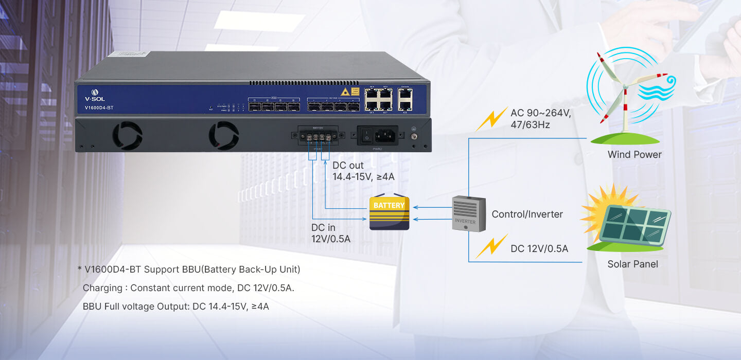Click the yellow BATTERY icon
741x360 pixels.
pyautogui.click(x=390, y=212)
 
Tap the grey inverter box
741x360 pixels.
pyautogui.click(x=468, y=213)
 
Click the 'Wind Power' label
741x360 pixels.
pyautogui.click(x=634, y=154)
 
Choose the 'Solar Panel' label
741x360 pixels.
pyautogui.click(x=632, y=264)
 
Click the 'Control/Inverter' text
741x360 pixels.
pyautogui.click(x=527, y=214)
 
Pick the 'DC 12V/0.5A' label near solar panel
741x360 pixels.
pyautogui.click(x=539, y=249)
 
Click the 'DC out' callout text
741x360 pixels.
pyautogui.click(x=348, y=166)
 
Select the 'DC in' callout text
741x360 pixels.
pyautogui.click(x=324, y=227)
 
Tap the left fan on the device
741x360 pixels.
pyautogui.click(x=127, y=136)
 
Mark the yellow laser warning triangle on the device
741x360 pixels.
pyautogui.click(x=345, y=92)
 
